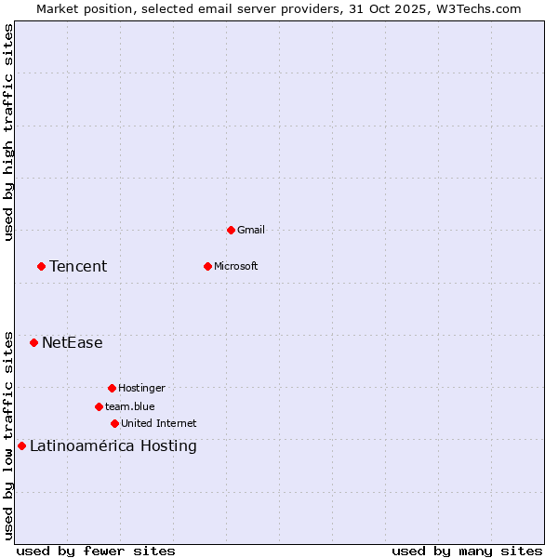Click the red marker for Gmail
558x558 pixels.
click(x=231, y=230)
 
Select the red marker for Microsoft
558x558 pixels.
click(x=207, y=266)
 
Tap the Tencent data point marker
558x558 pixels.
click(x=41, y=266)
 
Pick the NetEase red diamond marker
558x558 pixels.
click(x=33, y=342)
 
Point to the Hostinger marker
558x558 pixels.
click(x=112, y=388)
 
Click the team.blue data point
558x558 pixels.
click(x=99, y=406)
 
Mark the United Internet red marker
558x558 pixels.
click(x=114, y=423)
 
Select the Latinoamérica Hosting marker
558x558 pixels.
click(x=21, y=445)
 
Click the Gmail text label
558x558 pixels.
click(x=251, y=230)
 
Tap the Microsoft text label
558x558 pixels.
click(x=236, y=266)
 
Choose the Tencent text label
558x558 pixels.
click(x=78, y=266)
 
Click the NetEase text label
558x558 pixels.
click(x=73, y=342)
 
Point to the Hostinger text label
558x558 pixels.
click(x=141, y=388)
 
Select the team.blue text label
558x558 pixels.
click(x=130, y=406)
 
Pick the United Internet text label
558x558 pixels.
click(x=159, y=423)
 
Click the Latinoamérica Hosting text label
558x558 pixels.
click(x=113, y=445)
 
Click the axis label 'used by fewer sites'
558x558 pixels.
click(x=96, y=551)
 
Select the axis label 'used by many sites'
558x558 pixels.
click(x=467, y=551)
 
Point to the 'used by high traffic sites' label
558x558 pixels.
click(x=8, y=132)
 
